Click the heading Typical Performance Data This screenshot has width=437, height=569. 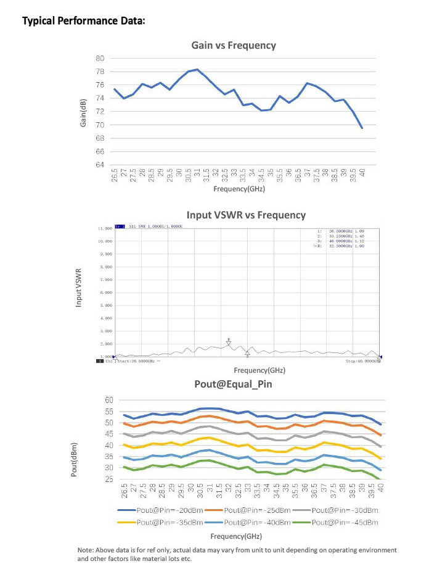(x=84, y=21)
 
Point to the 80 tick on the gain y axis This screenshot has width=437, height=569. (x=99, y=58)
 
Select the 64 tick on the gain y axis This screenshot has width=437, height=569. (x=99, y=165)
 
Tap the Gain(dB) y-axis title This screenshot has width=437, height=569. (x=83, y=112)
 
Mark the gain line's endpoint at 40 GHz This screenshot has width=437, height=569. (x=362, y=128)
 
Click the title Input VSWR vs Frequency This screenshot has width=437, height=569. (x=246, y=215)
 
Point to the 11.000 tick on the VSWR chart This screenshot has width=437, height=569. (x=104, y=228)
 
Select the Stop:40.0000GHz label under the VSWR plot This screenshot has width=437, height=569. (x=362, y=361)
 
